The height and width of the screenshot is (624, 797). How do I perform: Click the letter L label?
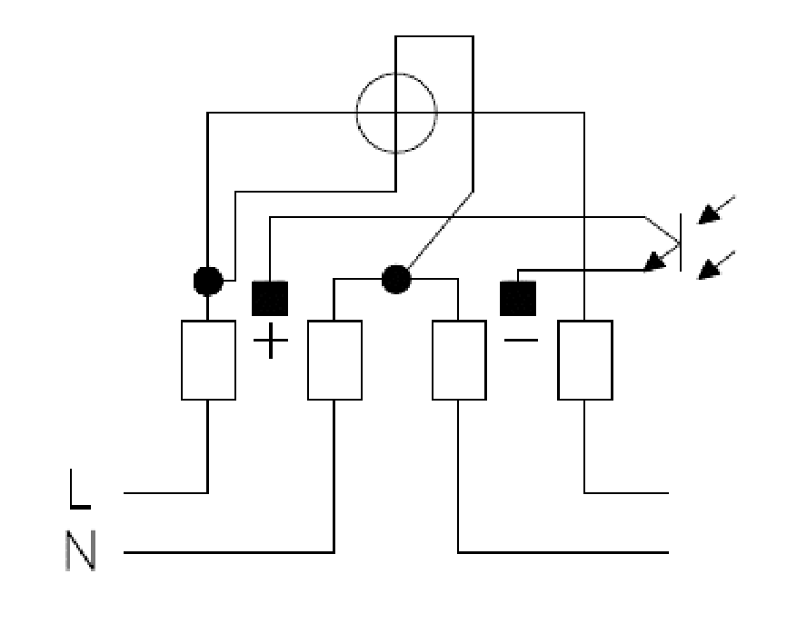click(x=80, y=489)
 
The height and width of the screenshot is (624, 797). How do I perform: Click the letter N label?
click(x=81, y=550)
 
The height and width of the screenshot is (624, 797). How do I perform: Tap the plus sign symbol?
click(x=271, y=340)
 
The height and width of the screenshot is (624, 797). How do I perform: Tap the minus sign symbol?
click(x=521, y=340)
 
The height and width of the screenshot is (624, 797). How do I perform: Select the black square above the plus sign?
click(x=270, y=298)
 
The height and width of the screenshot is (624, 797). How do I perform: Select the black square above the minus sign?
click(x=518, y=298)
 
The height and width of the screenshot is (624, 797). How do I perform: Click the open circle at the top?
click(x=356, y=113)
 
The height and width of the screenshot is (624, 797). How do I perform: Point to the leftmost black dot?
click(x=208, y=281)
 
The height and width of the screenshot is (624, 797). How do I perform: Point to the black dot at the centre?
click(x=396, y=279)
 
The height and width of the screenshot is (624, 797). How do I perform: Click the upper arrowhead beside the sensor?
click(x=709, y=215)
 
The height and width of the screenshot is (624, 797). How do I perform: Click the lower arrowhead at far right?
click(x=709, y=271)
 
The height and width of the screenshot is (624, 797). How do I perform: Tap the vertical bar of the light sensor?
click(x=681, y=243)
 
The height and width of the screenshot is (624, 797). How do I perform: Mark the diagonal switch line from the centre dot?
click(x=440, y=230)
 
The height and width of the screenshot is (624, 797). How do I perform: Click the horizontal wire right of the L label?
click(x=165, y=493)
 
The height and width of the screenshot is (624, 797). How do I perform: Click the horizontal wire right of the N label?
click(x=229, y=552)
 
